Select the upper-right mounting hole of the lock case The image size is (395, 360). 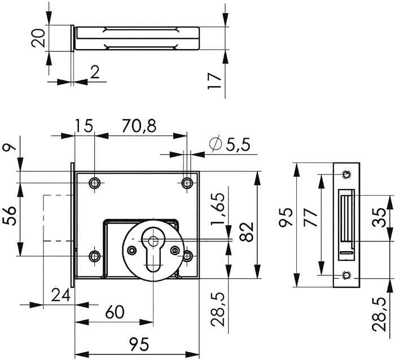[x=187, y=182]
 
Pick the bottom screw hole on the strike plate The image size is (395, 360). [x=346, y=275]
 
